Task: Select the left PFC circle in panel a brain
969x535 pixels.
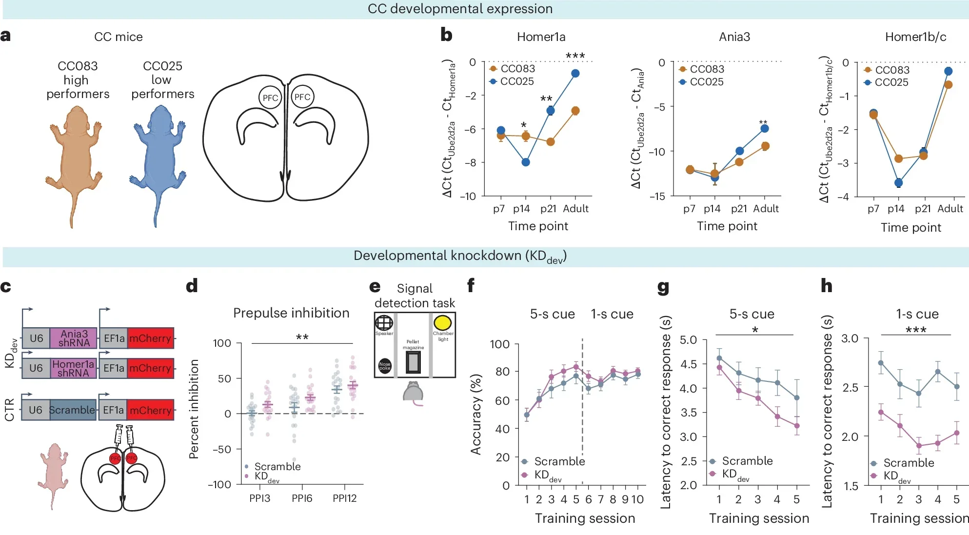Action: click(270, 98)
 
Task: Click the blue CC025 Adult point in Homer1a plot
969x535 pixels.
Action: click(575, 74)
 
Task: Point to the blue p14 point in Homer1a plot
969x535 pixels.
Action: click(526, 162)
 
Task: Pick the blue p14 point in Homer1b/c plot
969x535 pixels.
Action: click(898, 183)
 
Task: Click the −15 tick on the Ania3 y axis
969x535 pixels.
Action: click(657, 197)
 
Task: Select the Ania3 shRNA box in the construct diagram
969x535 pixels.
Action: click(74, 338)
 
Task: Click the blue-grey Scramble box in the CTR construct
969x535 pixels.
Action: click(72, 410)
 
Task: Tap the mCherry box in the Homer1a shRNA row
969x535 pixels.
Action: click(150, 368)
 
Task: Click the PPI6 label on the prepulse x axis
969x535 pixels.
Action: click(302, 498)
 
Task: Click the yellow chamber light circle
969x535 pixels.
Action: click(442, 323)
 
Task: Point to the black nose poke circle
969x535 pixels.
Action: click(385, 365)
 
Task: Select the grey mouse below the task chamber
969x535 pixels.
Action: click(413, 393)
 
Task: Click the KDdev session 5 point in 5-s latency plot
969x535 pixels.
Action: click(797, 426)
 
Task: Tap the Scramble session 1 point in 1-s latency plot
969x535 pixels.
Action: click(881, 363)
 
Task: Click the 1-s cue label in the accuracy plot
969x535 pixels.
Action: click(612, 314)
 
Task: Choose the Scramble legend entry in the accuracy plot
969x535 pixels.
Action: click(553, 461)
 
